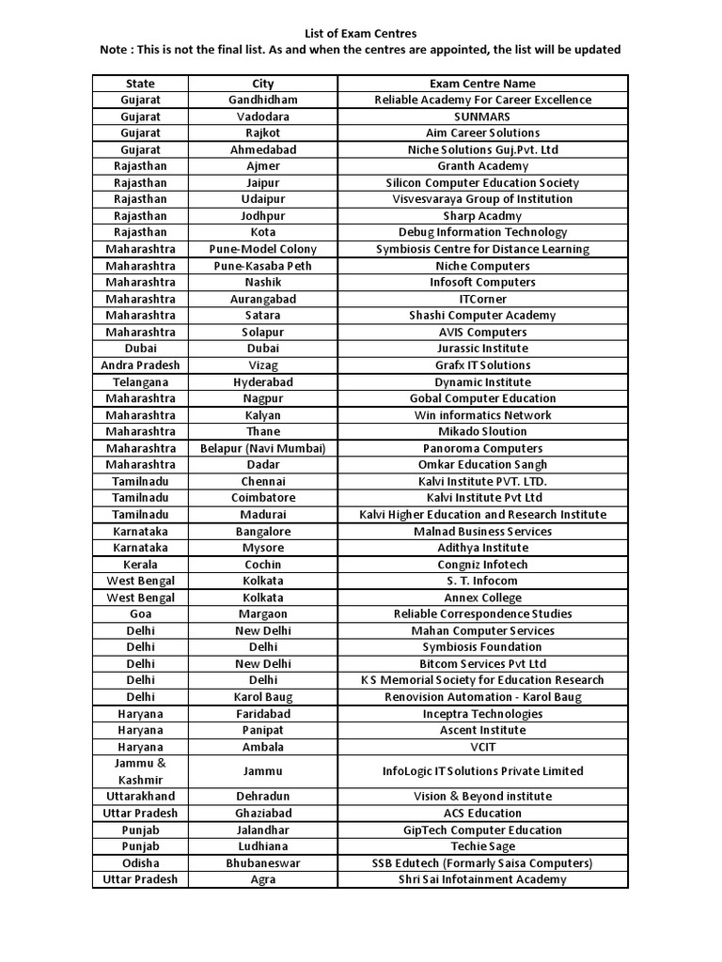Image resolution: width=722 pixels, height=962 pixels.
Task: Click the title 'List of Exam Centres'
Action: [360, 34]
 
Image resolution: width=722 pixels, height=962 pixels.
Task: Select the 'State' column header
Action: [140, 84]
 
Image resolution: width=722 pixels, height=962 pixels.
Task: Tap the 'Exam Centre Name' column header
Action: [482, 84]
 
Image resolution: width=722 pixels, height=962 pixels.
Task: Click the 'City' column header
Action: [263, 84]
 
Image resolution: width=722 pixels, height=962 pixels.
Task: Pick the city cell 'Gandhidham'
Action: [263, 100]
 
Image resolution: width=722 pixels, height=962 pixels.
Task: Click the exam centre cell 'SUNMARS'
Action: [482, 116]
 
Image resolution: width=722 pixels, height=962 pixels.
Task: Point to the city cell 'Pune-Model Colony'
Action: [263, 249]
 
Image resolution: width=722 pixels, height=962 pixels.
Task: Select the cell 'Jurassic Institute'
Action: [482, 349]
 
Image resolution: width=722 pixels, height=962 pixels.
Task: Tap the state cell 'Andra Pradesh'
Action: [140, 365]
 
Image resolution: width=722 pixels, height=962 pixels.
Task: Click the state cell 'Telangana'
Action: [140, 382]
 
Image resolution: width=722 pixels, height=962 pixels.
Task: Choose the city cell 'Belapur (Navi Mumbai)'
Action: [263, 448]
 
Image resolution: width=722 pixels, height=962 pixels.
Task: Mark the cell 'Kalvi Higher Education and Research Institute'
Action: [482, 515]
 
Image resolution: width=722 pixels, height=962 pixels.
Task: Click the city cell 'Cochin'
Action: [263, 565]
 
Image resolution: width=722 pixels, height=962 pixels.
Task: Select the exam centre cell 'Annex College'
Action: [482, 597]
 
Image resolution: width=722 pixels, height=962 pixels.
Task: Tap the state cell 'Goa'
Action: [140, 614]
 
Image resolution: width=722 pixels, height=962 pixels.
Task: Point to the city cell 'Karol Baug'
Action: [263, 697]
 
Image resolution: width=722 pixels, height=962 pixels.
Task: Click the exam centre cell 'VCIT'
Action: [482, 747]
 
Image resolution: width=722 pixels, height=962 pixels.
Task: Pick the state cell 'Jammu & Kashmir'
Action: [140, 771]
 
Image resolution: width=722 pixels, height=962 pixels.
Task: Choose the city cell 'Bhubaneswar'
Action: [263, 863]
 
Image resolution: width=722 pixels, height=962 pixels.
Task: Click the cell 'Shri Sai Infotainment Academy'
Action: [482, 879]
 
